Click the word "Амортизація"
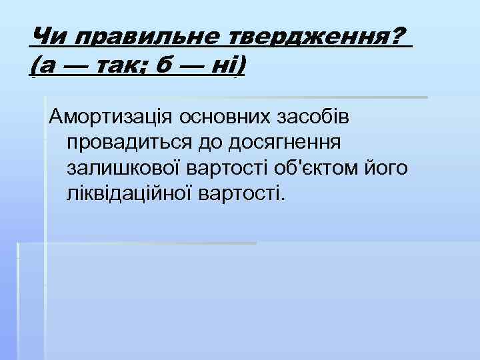tap(107, 117)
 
